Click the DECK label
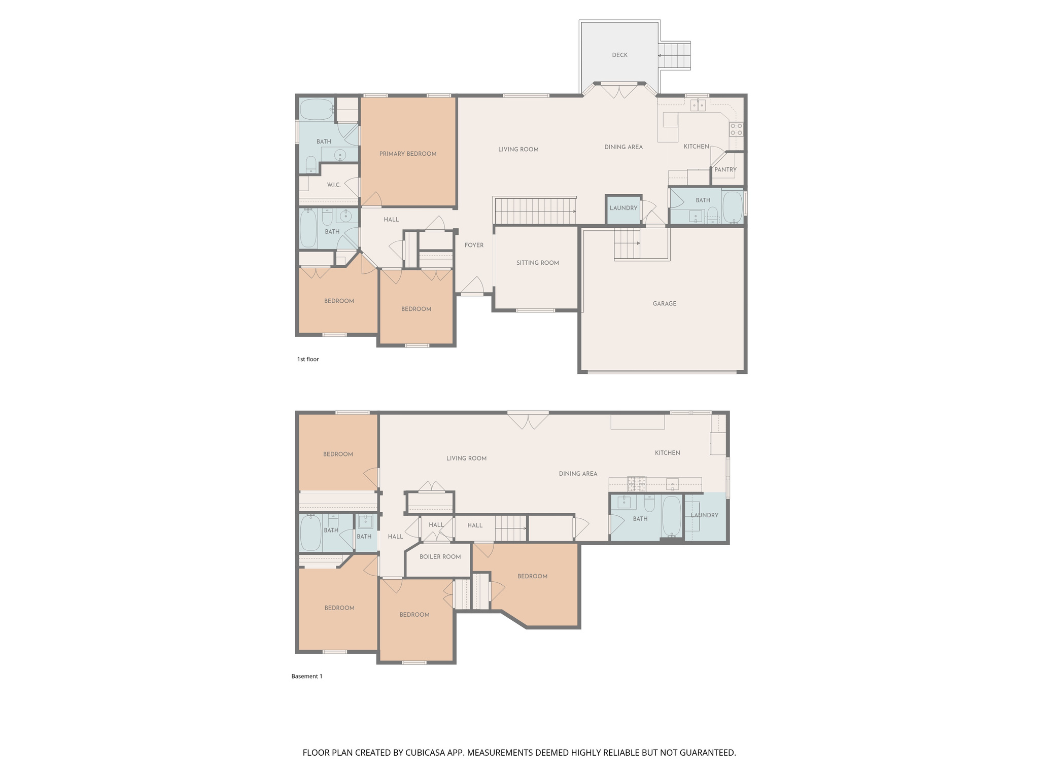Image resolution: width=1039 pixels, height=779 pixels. tap(619, 55)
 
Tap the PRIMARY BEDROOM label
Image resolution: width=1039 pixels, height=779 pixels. tap(408, 154)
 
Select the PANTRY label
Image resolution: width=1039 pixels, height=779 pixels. tap(725, 169)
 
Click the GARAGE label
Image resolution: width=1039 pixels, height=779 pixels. tap(664, 303)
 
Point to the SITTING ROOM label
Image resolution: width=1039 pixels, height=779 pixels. tap(537, 263)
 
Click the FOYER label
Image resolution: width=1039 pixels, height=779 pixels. tap(474, 245)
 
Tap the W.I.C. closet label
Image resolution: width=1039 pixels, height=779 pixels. tap(333, 185)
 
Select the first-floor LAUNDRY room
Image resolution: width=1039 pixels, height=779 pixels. tap(623, 208)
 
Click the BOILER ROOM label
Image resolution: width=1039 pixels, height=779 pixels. tap(440, 556)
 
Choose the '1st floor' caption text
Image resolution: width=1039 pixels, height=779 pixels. tap(308, 359)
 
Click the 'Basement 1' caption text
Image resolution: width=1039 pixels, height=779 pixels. tap(306, 676)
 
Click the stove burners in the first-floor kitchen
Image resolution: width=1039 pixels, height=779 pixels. tap(736, 129)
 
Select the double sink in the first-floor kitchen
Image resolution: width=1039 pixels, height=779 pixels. tap(698, 105)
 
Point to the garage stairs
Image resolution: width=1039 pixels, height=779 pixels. tap(627, 243)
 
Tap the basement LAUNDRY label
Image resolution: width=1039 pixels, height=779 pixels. tap(704, 515)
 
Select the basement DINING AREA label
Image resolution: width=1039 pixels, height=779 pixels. tap(578, 473)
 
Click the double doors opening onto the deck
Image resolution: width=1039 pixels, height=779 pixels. tap(619, 90)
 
